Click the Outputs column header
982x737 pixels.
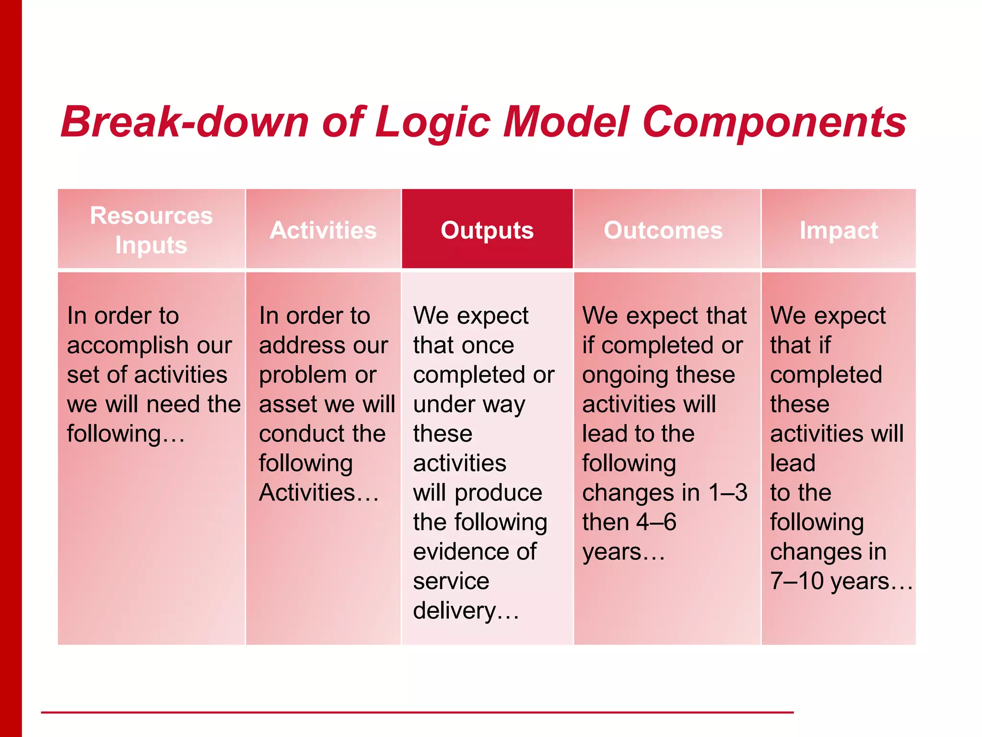[x=487, y=230]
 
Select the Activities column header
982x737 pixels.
[x=323, y=230]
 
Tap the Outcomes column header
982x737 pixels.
[x=663, y=230]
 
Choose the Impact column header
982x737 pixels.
[x=839, y=230]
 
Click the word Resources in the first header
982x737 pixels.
[x=152, y=215]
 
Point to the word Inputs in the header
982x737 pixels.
[x=152, y=245]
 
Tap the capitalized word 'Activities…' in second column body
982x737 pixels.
[x=319, y=493]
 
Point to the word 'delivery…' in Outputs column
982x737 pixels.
[x=466, y=611]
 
